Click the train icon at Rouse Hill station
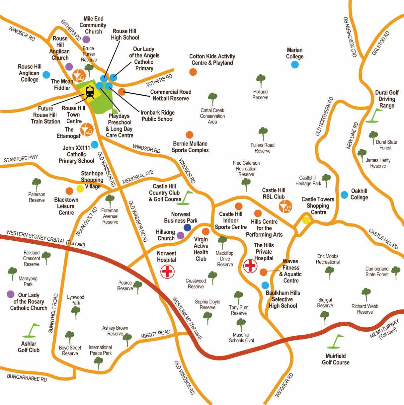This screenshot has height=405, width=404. [x=90, y=92]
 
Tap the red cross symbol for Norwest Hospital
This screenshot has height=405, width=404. [x=168, y=272]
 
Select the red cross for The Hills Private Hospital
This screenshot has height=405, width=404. [x=250, y=266]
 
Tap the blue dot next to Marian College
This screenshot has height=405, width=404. [x=295, y=65]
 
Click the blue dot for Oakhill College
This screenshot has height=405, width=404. [x=344, y=195]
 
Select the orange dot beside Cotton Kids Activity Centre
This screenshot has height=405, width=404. [x=193, y=72]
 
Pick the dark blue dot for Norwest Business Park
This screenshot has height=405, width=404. [x=187, y=227]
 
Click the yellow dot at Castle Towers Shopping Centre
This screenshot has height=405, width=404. [x=306, y=220]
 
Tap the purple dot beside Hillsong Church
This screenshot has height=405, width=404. [x=180, y=236]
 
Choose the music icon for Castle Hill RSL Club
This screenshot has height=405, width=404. [x=285, y=206]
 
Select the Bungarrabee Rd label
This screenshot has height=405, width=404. [x=27, y=378]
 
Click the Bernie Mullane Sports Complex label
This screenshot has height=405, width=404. [x=190, y=147]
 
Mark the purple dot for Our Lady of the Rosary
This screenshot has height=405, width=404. [x=11, y=294]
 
